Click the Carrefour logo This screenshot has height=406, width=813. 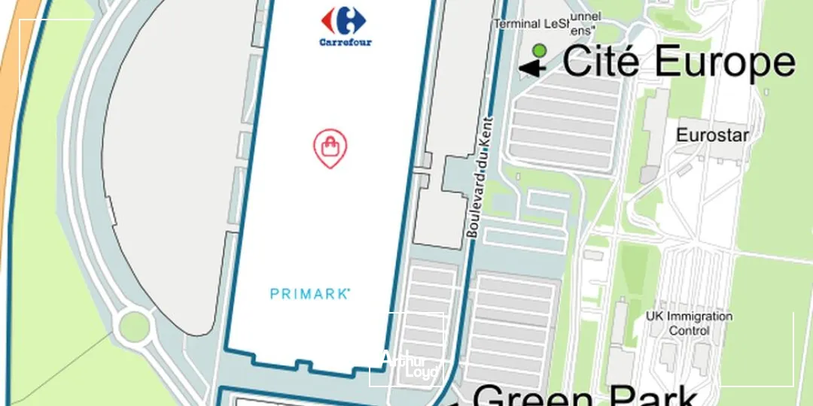pyautogui.click(x=346, y=22)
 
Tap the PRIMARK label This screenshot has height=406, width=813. pyautogui.click(x=310, y=294)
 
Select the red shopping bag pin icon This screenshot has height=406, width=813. pyautogui.click(x=330, y=147)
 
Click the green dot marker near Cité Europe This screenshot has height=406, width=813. pyautogui.click(x=539, y=51)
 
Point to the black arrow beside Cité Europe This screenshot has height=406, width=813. pyautogui.click(x=532, y=68)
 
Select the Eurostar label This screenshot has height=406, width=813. pyautogui.click(x=712, y=135)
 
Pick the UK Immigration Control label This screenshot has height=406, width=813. pyautogui.click(x=689, y=323)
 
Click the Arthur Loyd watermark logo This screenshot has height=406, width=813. pyautogui.click(x=410, y=366)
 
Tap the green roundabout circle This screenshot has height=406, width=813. pyautogui.click(x=135, y=325)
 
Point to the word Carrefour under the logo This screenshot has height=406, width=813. pyautogui.click(x=346, y=42)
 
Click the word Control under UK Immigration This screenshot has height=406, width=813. pyautogui.click(x=689, y=330)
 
